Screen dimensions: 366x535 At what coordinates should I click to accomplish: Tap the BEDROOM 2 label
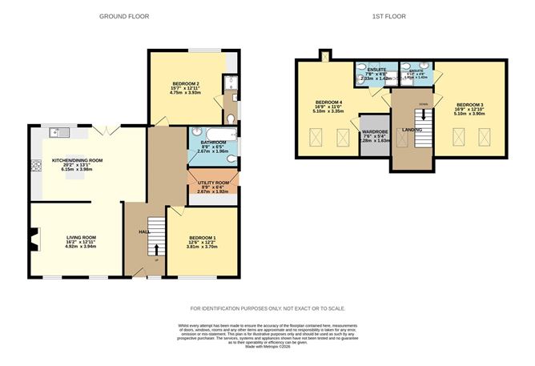tap(185, 84)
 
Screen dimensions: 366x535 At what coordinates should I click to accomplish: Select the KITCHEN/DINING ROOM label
tap(77, 161)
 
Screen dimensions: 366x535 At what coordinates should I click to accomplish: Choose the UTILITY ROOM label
tap(213, 183)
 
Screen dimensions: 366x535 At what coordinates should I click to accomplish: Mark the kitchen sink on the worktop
tap(57, 131)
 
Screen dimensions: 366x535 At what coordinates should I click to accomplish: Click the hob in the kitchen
tap(35, 166)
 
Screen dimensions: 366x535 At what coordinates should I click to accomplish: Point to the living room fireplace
tap(33, 238)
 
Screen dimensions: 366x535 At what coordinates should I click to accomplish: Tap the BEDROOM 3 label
tap(470, 104)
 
